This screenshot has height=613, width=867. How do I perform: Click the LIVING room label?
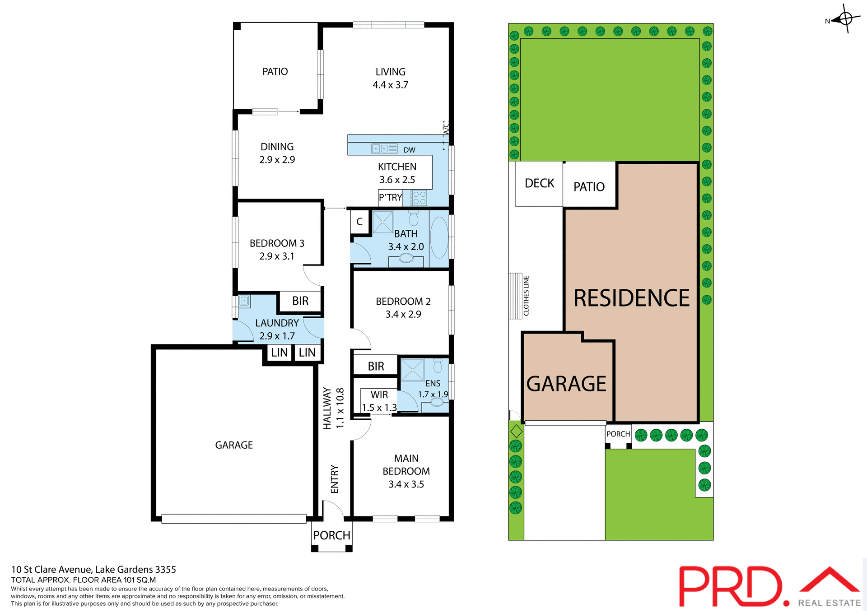pos(390,72)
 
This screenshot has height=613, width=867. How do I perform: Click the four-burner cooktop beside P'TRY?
pos(419,198)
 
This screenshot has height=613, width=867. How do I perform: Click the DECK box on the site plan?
pos(539,184)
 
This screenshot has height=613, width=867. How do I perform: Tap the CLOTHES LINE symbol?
pos(516,296)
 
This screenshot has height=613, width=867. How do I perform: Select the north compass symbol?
pos(845,19)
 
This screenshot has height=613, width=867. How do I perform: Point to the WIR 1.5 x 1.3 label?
pos(379,401)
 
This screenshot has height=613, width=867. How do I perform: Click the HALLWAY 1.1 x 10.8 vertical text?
pos(334,408)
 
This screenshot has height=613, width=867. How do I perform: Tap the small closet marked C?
pos(359,222)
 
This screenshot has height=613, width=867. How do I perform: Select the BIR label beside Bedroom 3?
pos(300,301)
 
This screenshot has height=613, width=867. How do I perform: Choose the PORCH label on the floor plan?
pos(331,535)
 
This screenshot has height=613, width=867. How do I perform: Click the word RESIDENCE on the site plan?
pos(631,298)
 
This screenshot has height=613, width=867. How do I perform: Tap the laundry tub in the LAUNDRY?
pos(244,301)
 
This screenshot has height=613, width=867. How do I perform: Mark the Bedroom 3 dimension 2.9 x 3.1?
pos(277,256)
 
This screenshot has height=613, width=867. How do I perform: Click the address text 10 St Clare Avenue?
pos(93,570)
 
